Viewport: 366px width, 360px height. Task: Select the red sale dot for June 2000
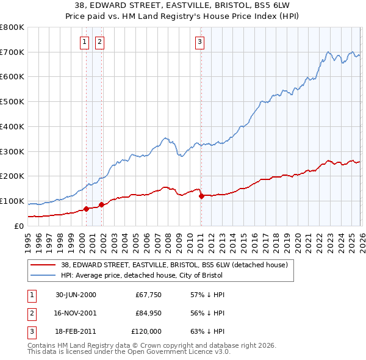coord(86,209)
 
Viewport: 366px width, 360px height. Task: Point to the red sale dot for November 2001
coord(101,204)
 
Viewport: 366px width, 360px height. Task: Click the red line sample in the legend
coord(43,264)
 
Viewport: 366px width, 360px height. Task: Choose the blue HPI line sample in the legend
coord(43,275)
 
